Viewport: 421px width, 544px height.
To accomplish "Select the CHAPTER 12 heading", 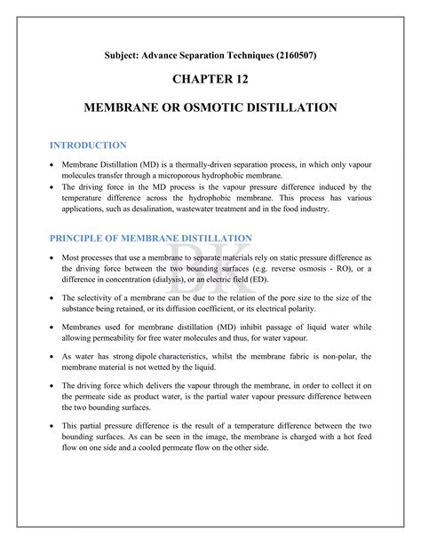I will tap(210, 81).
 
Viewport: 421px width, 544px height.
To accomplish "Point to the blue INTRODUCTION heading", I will tap(88, 144).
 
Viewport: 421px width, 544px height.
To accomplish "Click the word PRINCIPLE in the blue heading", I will tap(84, 238).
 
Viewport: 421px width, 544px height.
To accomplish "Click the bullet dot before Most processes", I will tap(53, 257).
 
